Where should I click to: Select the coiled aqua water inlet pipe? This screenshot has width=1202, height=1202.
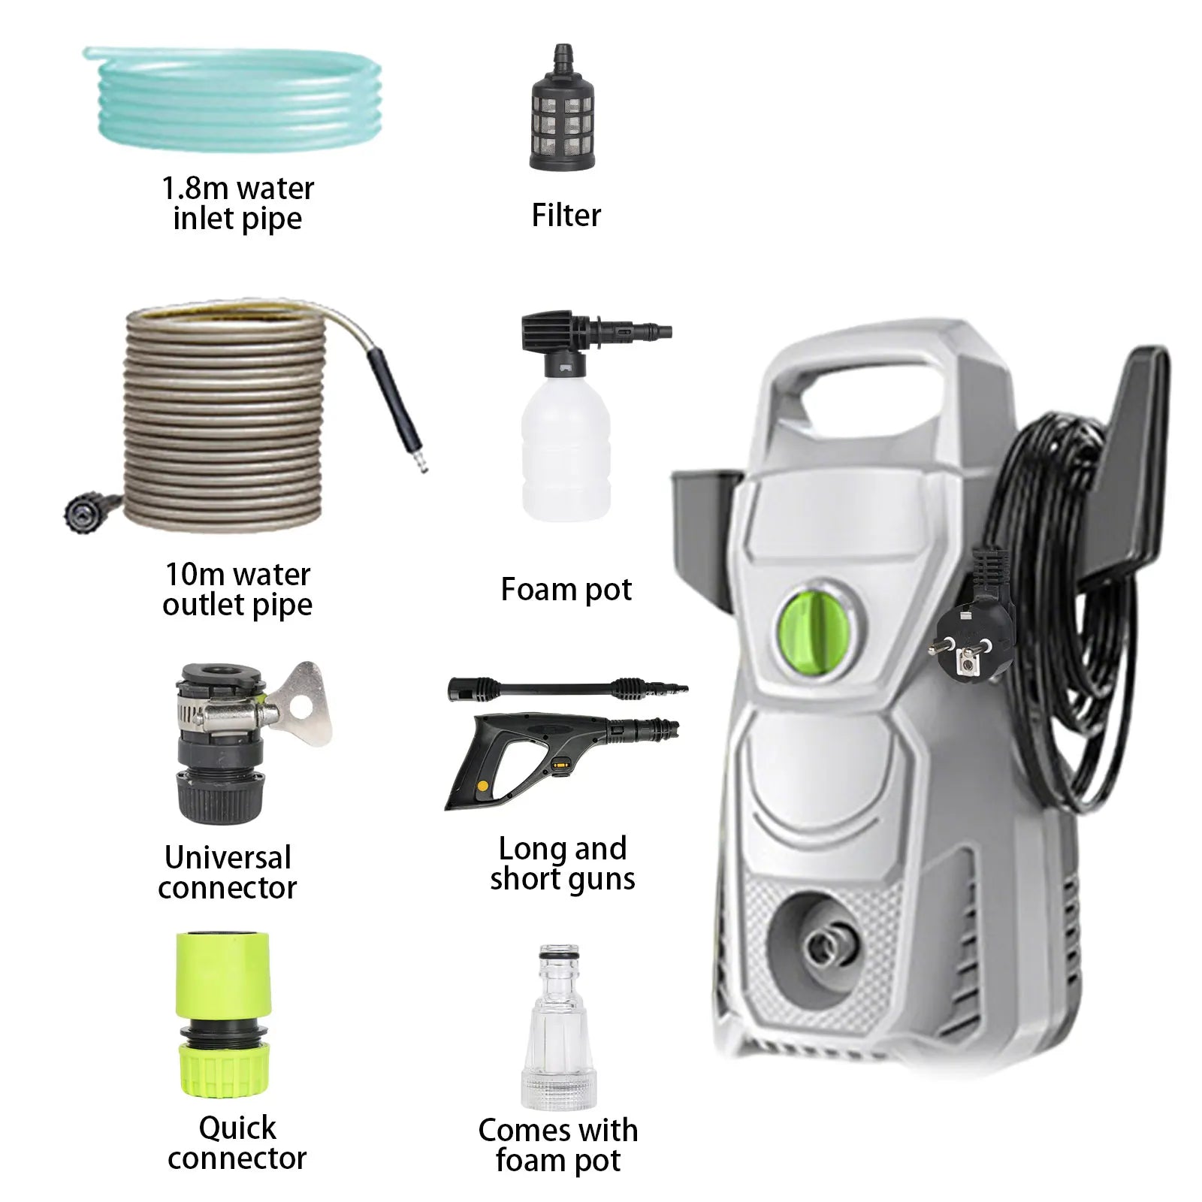click(233, 98)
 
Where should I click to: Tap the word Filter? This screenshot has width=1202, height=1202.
click(566, 216)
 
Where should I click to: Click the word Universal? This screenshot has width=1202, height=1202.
click(228, 857)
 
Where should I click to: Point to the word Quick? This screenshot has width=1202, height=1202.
click(237, 1128)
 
